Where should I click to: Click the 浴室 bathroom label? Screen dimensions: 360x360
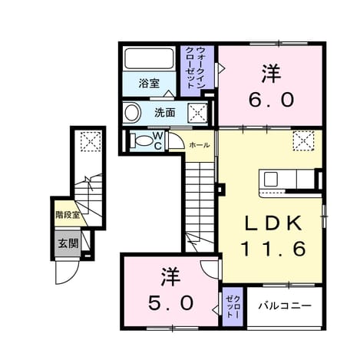click(149, 83)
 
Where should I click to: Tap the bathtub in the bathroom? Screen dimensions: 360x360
click(149, 58)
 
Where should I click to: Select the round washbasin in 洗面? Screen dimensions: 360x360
click(133, 113)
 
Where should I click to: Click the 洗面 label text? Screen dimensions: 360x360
click(165, 113)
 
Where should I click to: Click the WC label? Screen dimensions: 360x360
click(158, 140)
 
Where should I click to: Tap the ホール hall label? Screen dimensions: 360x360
click(200, 145)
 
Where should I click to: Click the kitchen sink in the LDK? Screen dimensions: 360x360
click(271, 179)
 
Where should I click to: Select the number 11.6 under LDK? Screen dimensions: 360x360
click(273, 249)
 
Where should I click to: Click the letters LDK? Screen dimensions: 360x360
click(273, 223)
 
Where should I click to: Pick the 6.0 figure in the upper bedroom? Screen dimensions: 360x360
click(271, 100)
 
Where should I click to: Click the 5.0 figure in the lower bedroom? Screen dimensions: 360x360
click(170, 302)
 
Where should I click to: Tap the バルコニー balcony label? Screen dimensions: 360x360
click(285, 306)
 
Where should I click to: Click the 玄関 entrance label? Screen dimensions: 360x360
click(68, 243)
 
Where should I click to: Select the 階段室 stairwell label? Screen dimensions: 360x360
click(68, 215)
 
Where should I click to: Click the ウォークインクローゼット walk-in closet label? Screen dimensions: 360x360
click(197, 68)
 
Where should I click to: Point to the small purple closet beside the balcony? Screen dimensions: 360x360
click(233, 307)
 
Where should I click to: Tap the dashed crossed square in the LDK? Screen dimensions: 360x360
click(304, 140)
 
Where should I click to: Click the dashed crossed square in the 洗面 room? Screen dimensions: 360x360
click(197, 113)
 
